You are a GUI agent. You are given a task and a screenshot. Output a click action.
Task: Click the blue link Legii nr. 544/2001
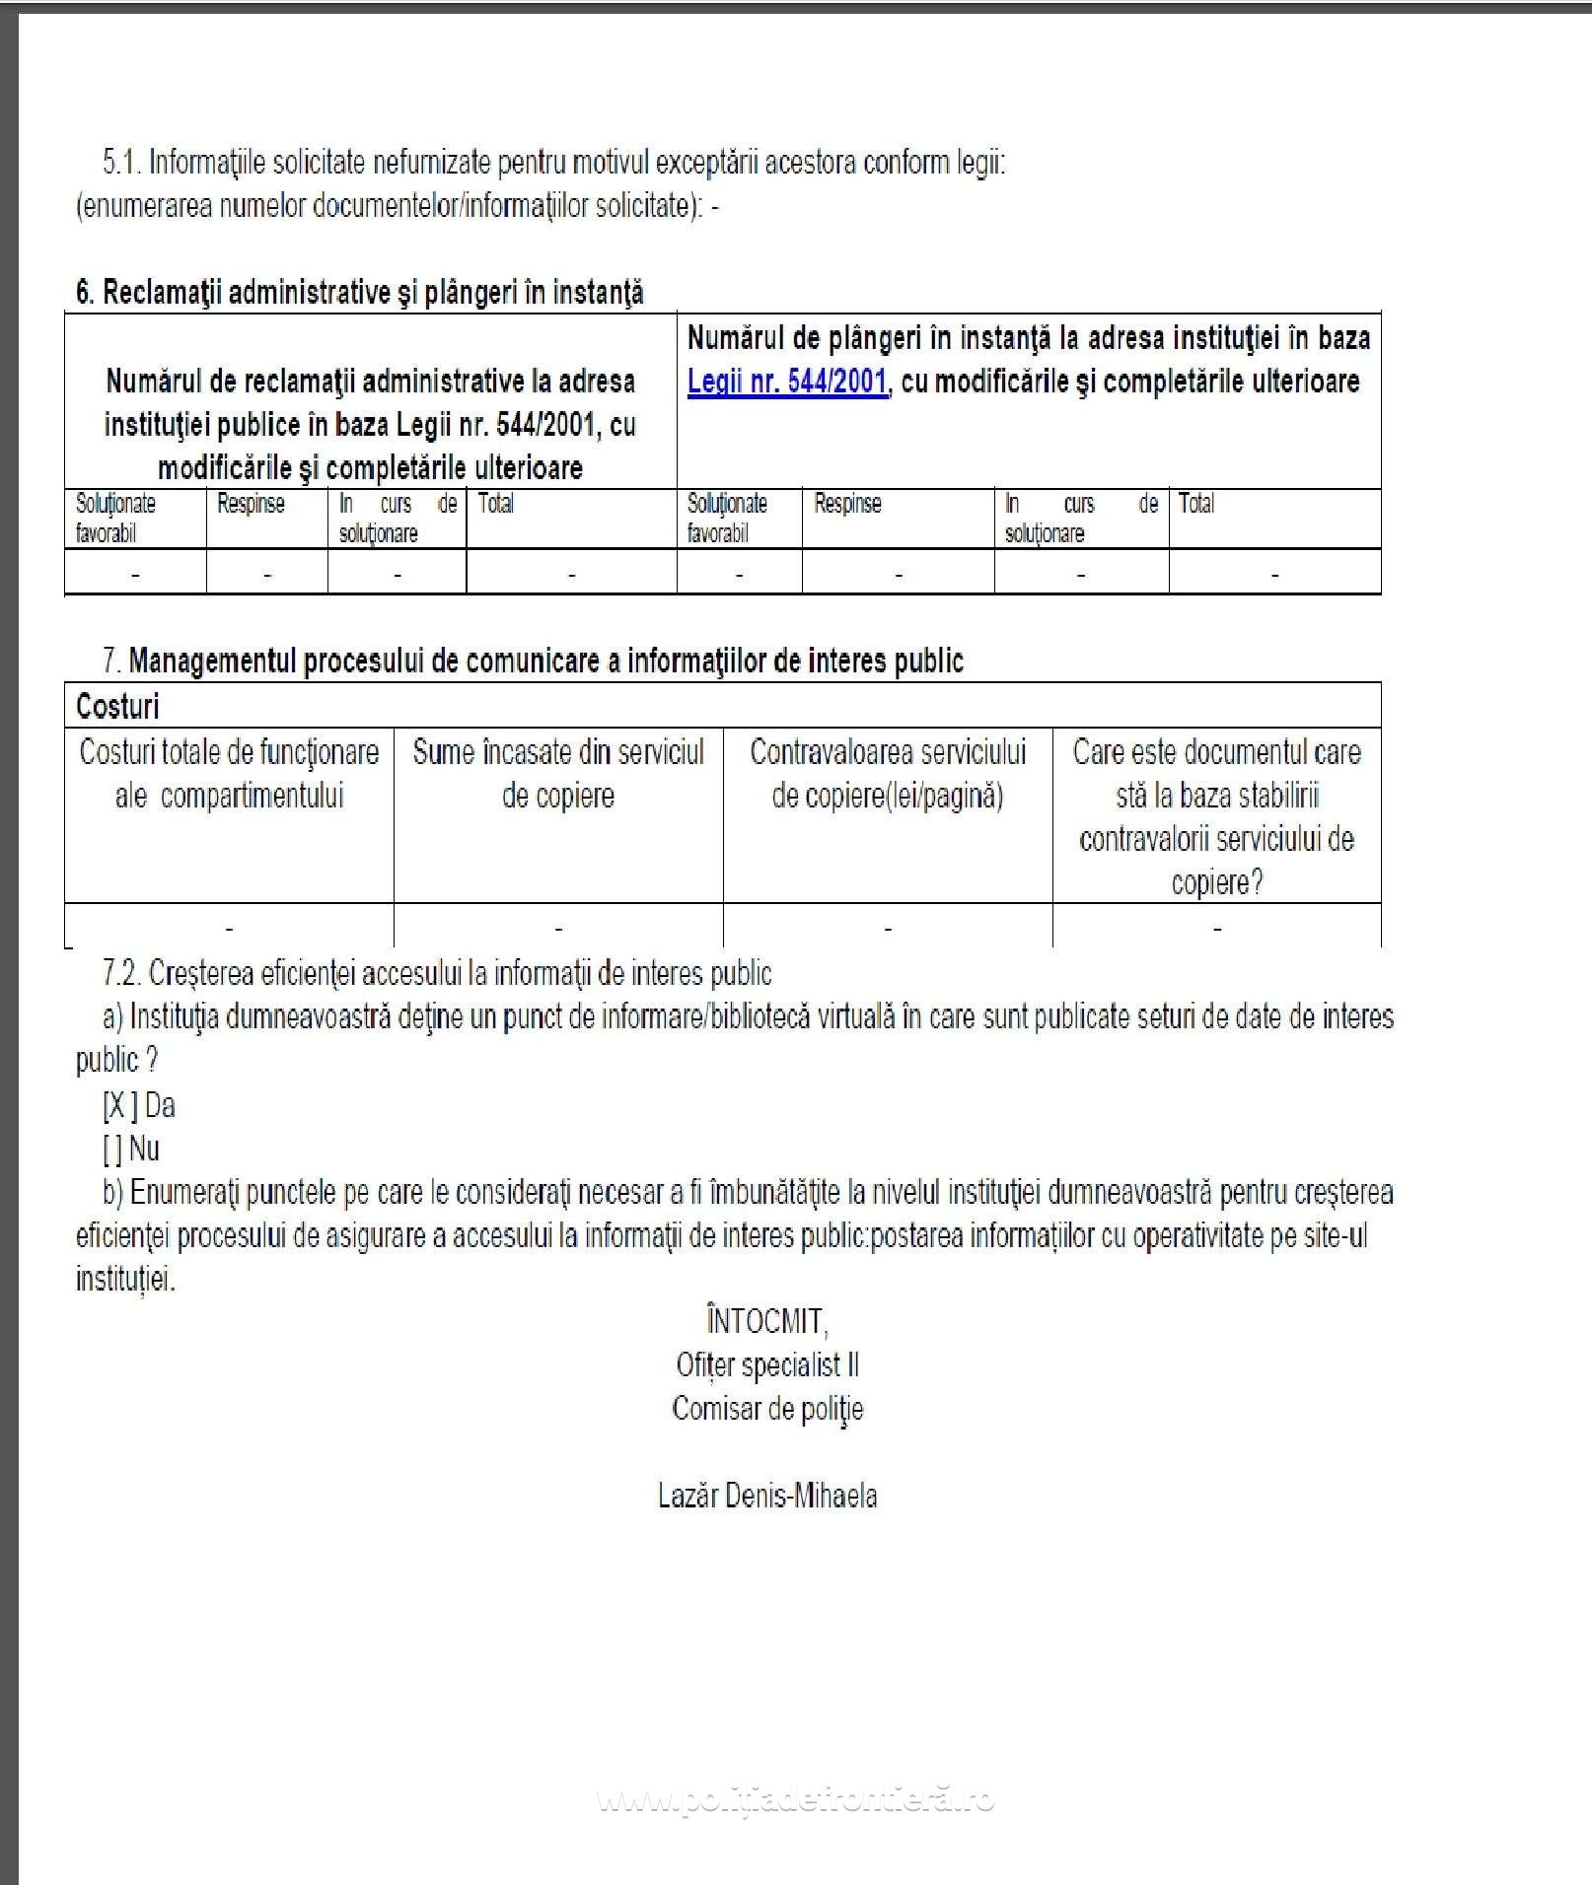point(787,382)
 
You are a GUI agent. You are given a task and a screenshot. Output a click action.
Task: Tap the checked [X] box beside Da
point(119,1106)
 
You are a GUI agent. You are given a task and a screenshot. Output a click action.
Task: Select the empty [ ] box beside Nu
point(111,1150)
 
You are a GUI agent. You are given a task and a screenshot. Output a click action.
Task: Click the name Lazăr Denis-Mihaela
point(767,1496)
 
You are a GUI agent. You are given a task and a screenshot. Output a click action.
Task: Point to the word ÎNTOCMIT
point(766,1321)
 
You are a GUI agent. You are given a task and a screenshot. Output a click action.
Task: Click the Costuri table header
point(117,706)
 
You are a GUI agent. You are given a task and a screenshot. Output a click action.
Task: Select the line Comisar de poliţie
point(767,1408)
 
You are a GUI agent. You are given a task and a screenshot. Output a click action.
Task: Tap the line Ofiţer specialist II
point(767,1365)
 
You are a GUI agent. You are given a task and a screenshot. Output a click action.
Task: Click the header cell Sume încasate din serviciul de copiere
point(558,774)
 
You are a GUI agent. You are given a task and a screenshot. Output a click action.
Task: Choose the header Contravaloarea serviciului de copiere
point(888,774)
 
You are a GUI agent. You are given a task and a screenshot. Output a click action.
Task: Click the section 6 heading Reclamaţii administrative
point(360,293)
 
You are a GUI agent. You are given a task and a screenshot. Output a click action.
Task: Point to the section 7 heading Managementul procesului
point(545,661)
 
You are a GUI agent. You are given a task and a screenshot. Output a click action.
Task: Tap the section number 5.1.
point(121,163)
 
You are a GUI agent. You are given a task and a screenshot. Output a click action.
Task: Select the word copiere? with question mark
point(1217,882)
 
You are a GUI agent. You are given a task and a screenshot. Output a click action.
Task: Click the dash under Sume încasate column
point(558,928)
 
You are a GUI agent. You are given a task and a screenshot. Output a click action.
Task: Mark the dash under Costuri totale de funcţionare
point(229,928)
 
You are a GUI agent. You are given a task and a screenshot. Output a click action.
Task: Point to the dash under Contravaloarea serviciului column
point(888,928)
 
